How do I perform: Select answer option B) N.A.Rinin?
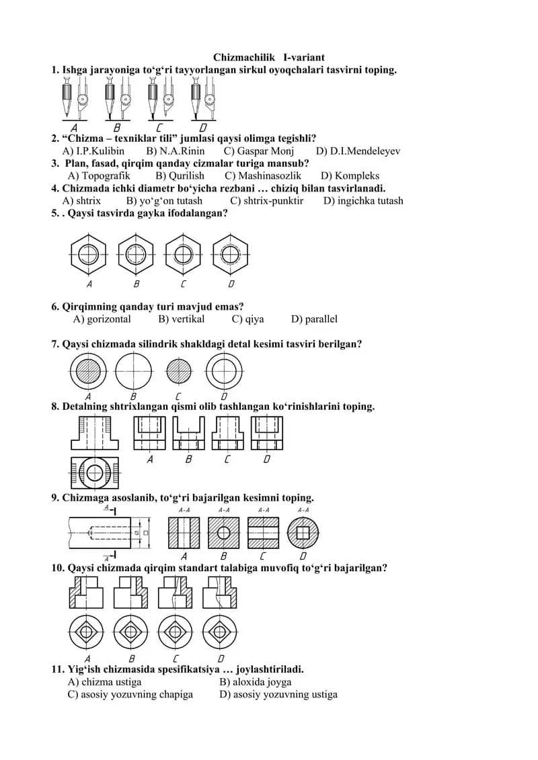[x=175, y=151]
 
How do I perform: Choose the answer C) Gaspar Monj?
[x=258, y=151]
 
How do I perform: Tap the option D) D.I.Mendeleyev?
[x=358, y=151]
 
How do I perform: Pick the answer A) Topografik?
[x=99, y=176]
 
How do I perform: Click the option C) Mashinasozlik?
[x=263, y=175]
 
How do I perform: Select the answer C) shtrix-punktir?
[x=267, y=201]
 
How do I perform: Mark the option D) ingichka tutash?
[x=363, y=201]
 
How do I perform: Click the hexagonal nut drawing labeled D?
[x=231, y=254]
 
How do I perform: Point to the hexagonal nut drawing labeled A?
[x=88, y=254]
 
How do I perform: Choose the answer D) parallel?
[x=314, y=319]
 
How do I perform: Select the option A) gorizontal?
[x=102, y=319]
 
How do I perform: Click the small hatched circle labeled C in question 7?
[x=179, y=372]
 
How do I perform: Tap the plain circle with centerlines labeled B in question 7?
[x=133, y=372]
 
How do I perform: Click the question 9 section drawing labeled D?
[x=303, y=533]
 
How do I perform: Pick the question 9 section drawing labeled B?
[x=224, y=533]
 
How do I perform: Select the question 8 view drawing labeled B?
[x=189, y=433]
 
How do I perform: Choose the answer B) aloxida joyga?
[x=256, y=682]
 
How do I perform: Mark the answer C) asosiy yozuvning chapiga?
[x=130, y=695]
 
